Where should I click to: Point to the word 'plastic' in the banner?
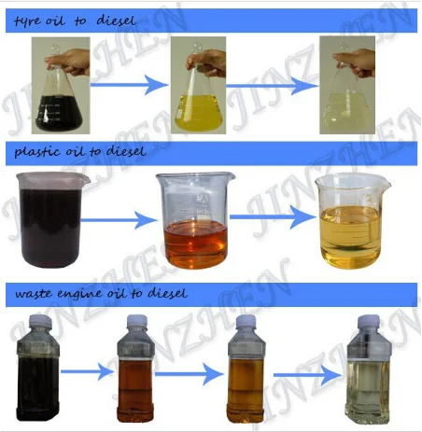37,152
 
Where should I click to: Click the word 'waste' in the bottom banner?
33,293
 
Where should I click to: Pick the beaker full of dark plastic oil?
52,219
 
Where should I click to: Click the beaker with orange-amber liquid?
195,220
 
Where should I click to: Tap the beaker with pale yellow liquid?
351,221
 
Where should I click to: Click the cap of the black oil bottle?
39,320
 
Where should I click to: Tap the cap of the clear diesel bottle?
369,321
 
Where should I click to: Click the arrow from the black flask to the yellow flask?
129,85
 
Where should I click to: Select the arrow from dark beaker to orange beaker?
119,220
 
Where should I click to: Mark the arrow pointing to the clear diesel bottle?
307,375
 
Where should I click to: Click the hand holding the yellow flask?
208,63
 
